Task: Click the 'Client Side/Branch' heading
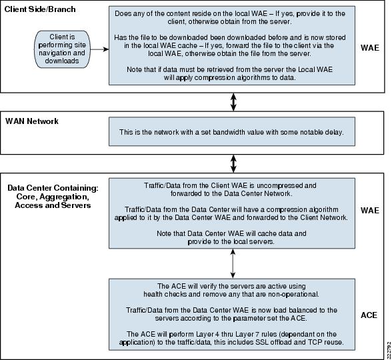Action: (x=40, y=9)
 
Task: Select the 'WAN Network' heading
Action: (x=32, y=121)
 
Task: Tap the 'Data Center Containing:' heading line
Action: (x=53, y=188)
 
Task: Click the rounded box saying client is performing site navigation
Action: (x=62, y=49)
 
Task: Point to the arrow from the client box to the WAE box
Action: (x=99, y=49)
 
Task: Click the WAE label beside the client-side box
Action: (x=370, y=48)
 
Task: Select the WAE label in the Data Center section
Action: (x=370, y=211)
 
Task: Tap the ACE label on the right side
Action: (x=369, y=315)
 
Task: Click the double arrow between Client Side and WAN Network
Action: (x=233, y=102)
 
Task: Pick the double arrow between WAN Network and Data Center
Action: (x=233, y=164)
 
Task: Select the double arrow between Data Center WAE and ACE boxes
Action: (x=233, y=263)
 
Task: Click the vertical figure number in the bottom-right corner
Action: (x=389, y=350)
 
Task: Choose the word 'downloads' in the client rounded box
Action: (x=62, y=61)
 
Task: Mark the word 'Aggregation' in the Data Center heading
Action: (x=64, y=197)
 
